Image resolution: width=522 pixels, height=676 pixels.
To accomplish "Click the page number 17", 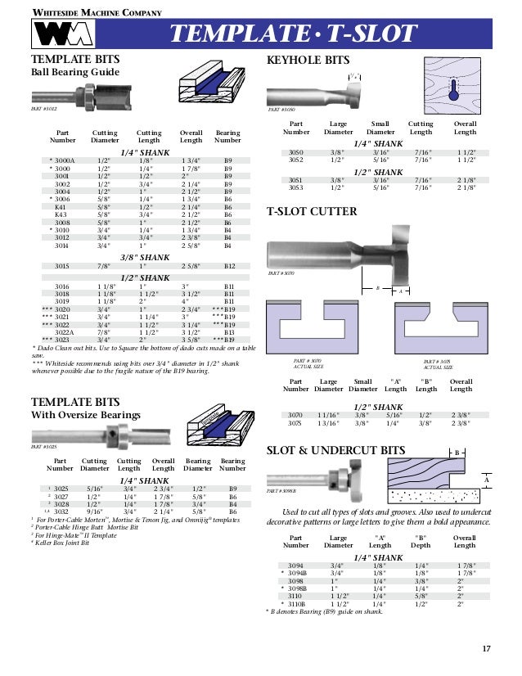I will click(486, 649).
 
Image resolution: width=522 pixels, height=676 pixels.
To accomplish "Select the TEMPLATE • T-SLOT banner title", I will click(292, 34).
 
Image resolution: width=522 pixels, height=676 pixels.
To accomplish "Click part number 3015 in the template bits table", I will click(61, 267).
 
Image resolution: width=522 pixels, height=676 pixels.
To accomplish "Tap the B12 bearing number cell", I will click(230, 267).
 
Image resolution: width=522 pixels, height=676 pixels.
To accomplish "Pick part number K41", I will click(61, 208).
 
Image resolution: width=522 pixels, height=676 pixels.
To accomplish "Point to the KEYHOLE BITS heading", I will click(308, 61).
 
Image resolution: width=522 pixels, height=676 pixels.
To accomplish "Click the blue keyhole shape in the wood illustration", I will click(453, 92).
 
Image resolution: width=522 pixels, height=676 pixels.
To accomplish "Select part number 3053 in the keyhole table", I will click(296, 187).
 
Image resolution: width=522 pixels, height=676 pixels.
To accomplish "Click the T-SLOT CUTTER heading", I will click(312, 212).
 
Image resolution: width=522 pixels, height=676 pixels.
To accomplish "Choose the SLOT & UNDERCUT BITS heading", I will click(336, 450).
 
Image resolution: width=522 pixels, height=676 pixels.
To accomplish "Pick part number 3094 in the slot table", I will click(295, 565).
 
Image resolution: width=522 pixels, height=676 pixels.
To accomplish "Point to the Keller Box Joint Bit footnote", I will click(65, 542).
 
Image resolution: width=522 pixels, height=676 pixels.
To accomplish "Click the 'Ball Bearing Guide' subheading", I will click(74, 73).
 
